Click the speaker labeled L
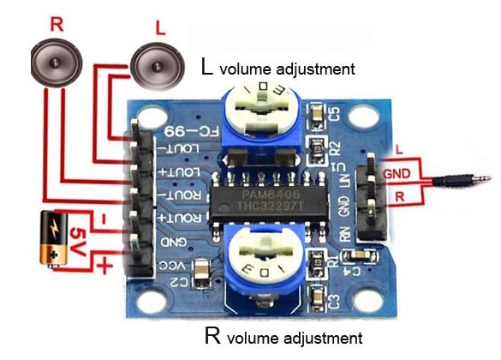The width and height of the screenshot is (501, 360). point(156,65)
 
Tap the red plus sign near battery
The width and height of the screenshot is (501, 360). point(105,266)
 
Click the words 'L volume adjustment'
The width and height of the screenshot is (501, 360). point(277,66)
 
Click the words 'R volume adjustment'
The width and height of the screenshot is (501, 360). point(277,334)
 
